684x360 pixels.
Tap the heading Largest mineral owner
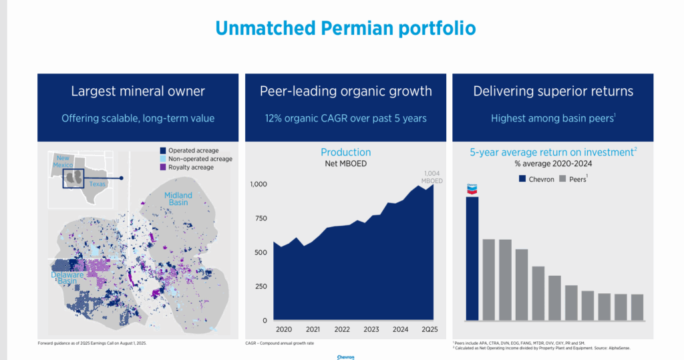(x=138, y=91)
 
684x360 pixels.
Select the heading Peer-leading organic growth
(x=345, y=91)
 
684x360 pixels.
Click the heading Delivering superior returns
(x=553, y=91)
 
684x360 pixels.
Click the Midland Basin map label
(x=178, y=199)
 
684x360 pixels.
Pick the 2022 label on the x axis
(x=341, y=329)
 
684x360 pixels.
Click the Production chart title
(x=345, y=152)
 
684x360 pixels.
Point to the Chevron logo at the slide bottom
(x=345, y=357)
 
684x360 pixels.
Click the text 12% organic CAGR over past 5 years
(x=345, y=118)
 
